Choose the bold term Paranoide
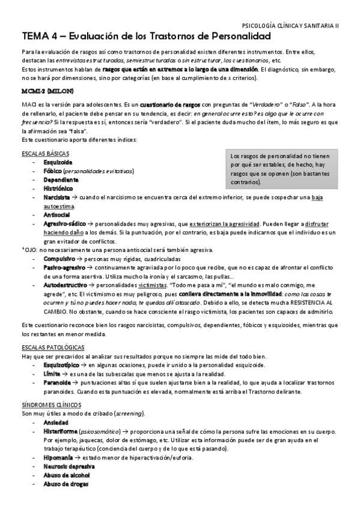(59, 383)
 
